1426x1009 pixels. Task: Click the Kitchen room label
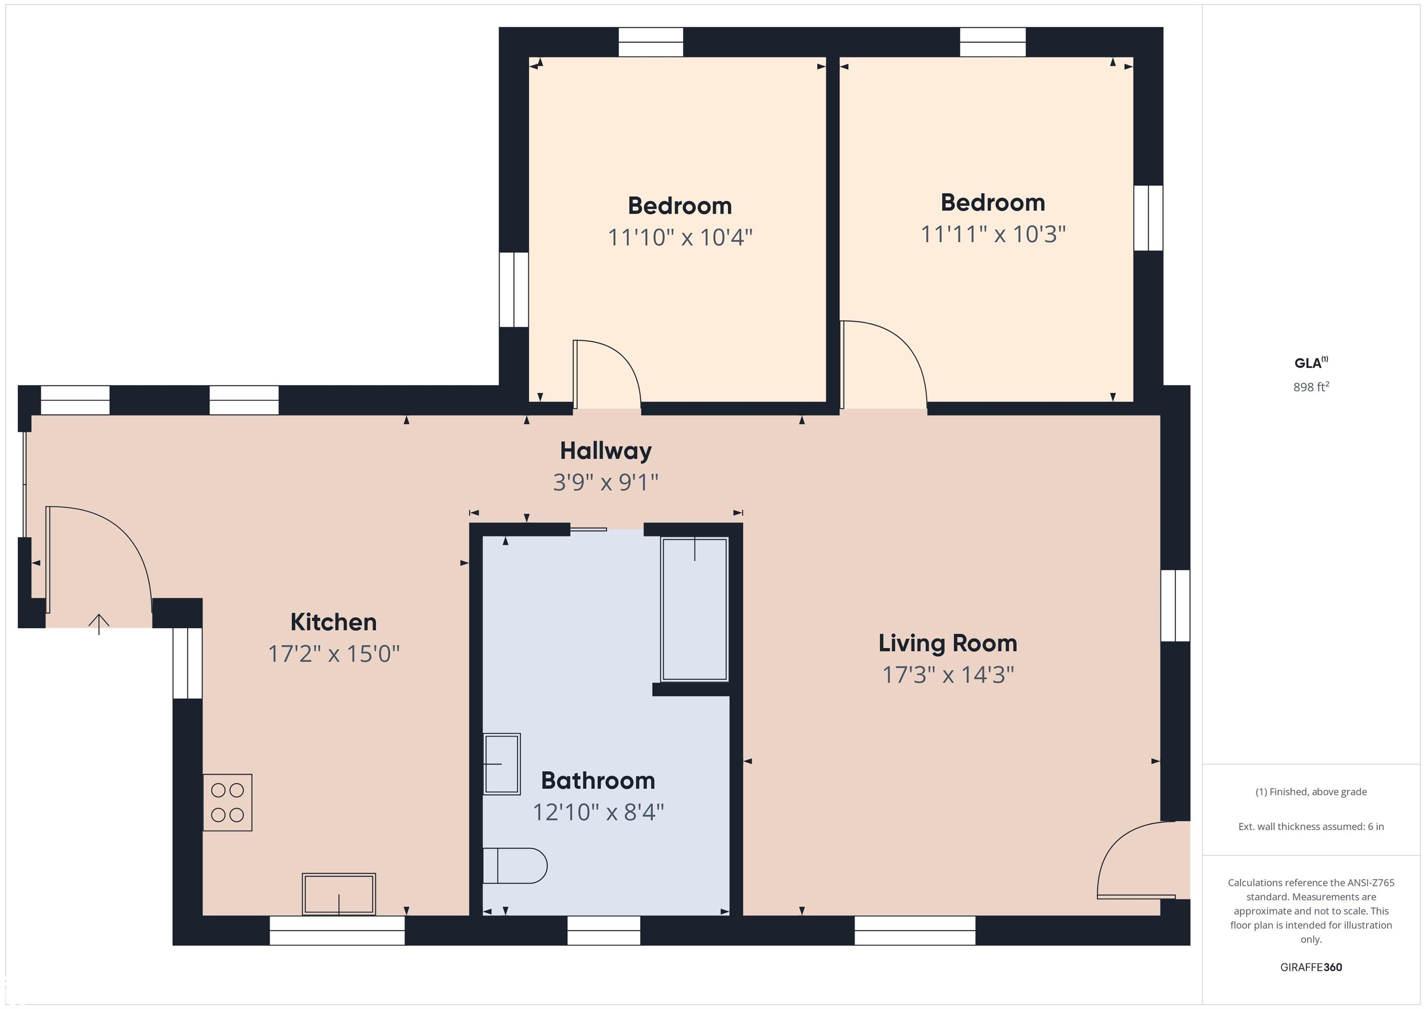tap(333, 622)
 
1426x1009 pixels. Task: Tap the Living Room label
tap(948, 644)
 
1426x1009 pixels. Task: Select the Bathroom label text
tap(598, 781)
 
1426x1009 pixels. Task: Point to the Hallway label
tap(606, 451)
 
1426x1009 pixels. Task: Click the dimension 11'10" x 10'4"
tap(680, 237)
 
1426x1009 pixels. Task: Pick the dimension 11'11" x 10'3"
tap(993, 234)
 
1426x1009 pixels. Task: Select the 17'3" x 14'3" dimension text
tap(948, 675)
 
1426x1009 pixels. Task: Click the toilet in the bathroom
tap(515, 866)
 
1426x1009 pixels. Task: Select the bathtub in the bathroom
tap(694, 609)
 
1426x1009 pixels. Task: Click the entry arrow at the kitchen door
tap(99, 624)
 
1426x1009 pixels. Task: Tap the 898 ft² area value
tap(1311, 386)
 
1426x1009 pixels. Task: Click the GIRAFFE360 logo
tap(1311, 967)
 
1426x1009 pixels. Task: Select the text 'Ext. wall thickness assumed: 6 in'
tap(1311, 827)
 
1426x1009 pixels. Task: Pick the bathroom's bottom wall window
tap(604, 930)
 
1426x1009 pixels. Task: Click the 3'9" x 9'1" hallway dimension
tap(606, 482)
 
